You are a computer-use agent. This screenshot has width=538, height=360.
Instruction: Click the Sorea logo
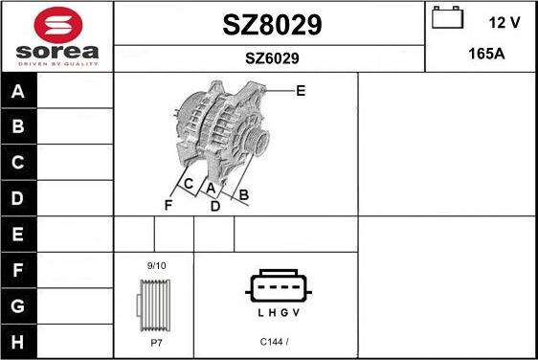point(56,35)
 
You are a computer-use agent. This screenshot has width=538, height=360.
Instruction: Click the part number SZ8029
point(271,26)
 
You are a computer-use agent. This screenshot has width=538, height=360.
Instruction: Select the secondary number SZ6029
point(271,58)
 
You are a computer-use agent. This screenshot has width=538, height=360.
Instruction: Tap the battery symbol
point(446,19)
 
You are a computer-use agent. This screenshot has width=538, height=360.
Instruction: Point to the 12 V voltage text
point(503,21)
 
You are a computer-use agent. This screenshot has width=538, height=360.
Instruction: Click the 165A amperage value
point(485,54)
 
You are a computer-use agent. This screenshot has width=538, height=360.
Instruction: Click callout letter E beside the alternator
point(301,91)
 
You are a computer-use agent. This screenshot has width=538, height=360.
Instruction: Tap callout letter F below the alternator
point(168,205)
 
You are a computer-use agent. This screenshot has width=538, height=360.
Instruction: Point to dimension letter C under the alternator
point(189,183)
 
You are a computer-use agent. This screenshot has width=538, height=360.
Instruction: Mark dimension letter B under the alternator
point(243,195)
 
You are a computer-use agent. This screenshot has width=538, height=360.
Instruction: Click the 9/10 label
point(155,264)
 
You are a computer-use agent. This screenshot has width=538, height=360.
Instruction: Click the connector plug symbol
point(278,286)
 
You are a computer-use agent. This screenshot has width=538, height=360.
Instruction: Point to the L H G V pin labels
point(278,313)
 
